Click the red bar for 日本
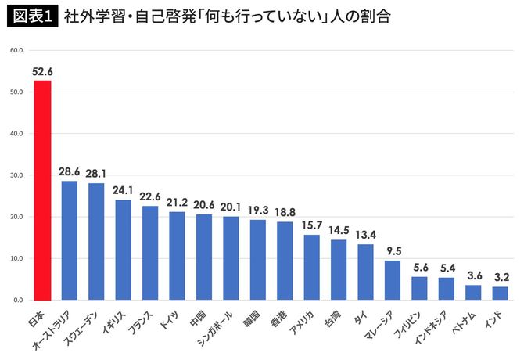coord(42,190)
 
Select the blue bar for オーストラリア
coord(69,240)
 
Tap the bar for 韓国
coord(257,260)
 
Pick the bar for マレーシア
coord(392,280)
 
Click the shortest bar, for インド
coord(500,293)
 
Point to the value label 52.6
coord(42,71)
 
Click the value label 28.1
coord(96,173)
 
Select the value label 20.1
coord(231,207)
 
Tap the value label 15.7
coord(311,225)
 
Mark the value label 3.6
coord(473,275)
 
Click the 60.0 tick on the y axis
coord(16,50)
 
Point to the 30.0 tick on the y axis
coord(16,175)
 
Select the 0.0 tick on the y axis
coord(17,300)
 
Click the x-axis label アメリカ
coord(304,321)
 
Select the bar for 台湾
coord(338,270)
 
